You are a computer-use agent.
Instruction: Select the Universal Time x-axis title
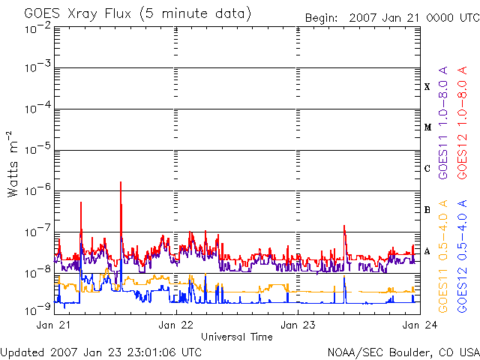(236, 337)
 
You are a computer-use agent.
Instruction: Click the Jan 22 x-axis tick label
(177, 325)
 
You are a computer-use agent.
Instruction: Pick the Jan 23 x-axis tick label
(298, 325)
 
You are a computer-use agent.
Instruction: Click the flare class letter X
(427, 87)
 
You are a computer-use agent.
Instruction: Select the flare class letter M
(427, 127)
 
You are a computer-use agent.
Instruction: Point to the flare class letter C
(427, 169)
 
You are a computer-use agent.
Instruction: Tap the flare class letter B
(427, 210)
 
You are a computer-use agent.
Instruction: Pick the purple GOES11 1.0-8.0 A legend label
(443, 133)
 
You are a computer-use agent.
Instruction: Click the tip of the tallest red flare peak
(120, 182)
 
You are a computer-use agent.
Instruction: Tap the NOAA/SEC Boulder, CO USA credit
(403, 352)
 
